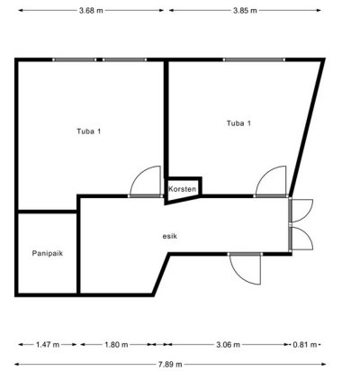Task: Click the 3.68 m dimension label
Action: tap(91, 11)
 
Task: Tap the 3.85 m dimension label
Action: tap(245, 11)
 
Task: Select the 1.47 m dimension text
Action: tap(48, 345)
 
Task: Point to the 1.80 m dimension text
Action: tap(116, 345)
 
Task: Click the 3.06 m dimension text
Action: tap(228, 345)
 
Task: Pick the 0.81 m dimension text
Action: tap(304, 345)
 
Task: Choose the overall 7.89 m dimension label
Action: tap(170, 365)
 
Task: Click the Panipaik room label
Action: tap(48, 253)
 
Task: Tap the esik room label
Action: tap(170, 236)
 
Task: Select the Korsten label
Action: tap(182, 189)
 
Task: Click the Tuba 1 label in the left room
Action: tap(89, 131)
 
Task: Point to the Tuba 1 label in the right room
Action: tap(238, 123)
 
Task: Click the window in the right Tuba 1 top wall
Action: tap(254, 59)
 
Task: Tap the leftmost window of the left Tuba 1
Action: tap(75, 59)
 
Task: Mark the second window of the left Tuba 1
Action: tap(124, 59)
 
